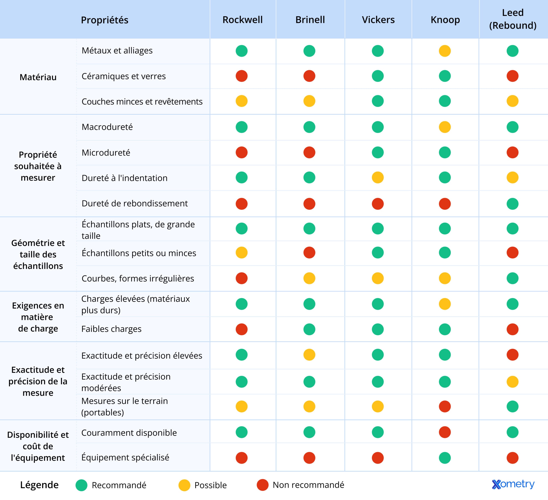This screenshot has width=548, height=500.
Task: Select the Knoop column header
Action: pyautogui.click(x=445, y=20)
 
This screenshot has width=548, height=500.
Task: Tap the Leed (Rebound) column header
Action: pyautogui.click(x=513, y=19)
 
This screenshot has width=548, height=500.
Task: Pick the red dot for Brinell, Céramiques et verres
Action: pyautogui.click(x=309, y=76)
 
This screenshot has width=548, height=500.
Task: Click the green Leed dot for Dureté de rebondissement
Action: pyautogui.click(x=512, y=204)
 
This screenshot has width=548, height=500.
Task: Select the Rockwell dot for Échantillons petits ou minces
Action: pyautogui.click(x=242, y=253)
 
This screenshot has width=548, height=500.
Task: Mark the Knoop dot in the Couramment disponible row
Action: pyautogui.click(x=445, y=432)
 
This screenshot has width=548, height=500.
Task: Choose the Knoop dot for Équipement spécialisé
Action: pyautogui.click(x=445, y=458)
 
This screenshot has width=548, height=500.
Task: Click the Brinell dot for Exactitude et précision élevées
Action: pyautogui.click(x=309, y=355)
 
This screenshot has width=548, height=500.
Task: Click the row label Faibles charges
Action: pyautogui.click(x=112, y=329)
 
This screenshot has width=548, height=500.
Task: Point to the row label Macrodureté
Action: pyautogui.click(x=107, y=127)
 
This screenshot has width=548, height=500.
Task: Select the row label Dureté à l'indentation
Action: pyautogui.click(x=125, y=178)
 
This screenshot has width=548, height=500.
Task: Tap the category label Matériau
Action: pyautogui.click(x=38, y=77)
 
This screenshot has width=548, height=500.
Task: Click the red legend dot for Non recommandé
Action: pyautogui.click(x=263, y=485)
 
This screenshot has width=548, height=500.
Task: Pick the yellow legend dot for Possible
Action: pyautogui.click(x=184, y=485)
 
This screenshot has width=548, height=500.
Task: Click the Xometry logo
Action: pyautogui.click(x=513, y=484)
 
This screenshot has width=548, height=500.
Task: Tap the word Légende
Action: pyautogui.click(x=39, y=485)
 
